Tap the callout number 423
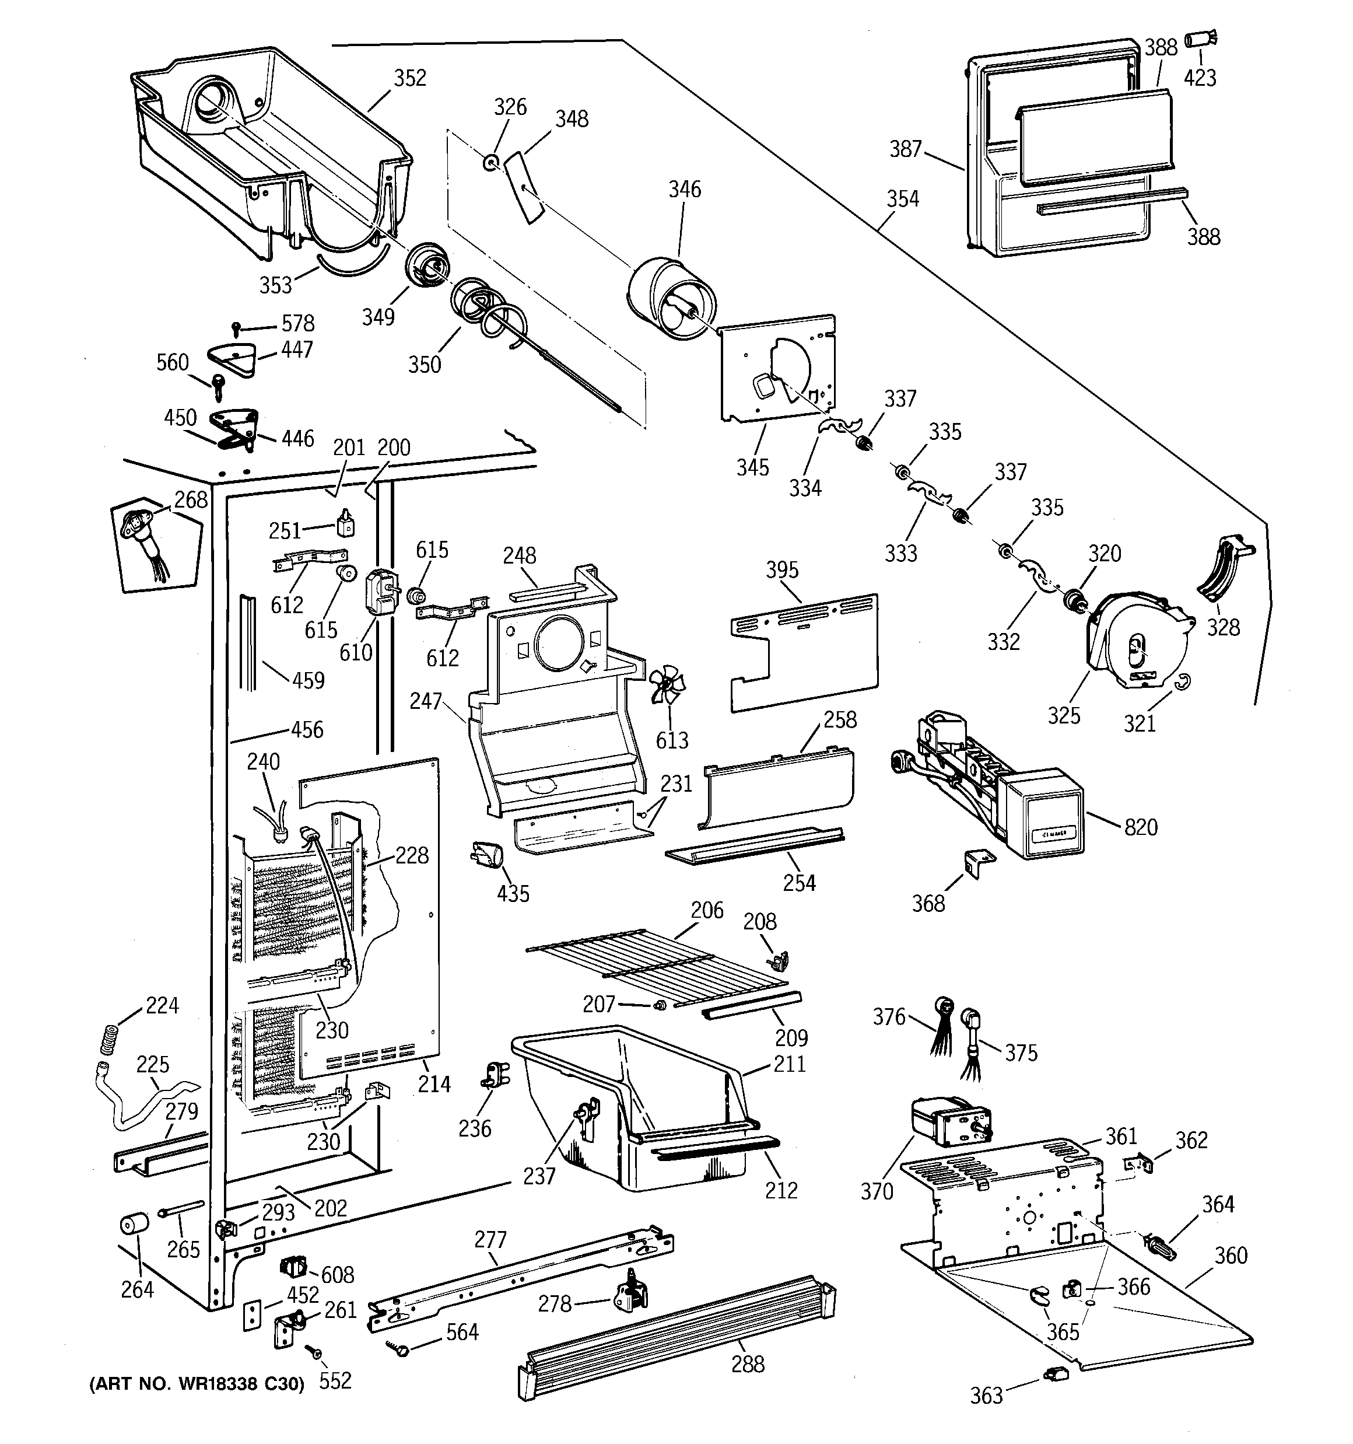point(1200,78)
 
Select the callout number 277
point(490,1239)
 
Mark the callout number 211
point(790,1064)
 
